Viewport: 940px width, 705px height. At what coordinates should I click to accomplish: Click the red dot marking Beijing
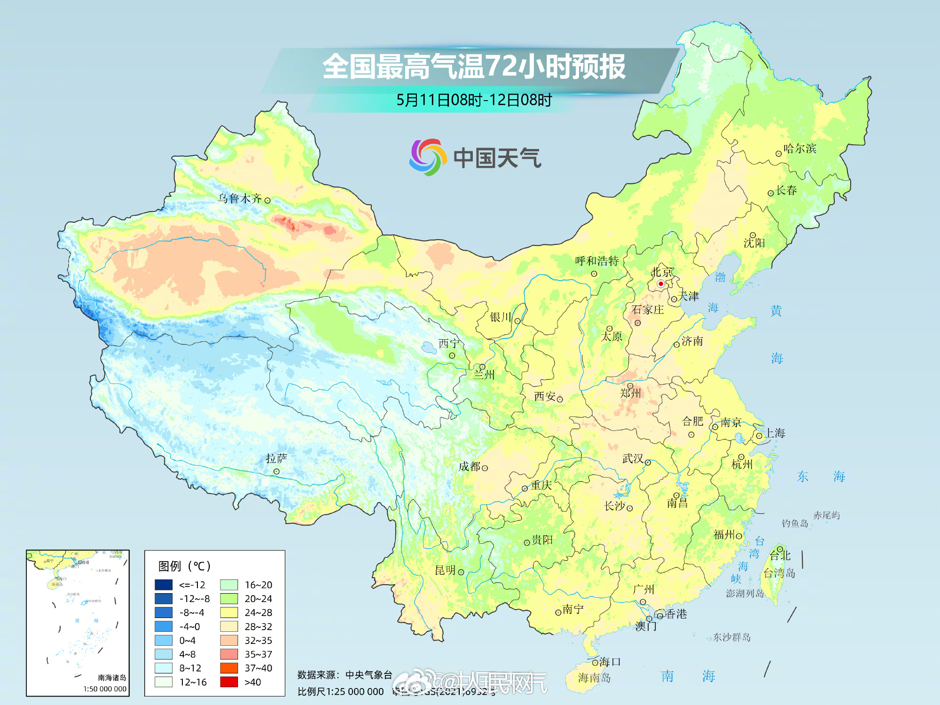coord(660,284)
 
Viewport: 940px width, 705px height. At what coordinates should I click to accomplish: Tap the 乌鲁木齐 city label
coord(240,198)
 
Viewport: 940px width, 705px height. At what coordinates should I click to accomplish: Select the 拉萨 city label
coord(276,458)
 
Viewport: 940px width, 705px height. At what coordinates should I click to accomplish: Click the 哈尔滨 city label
coord(800,149)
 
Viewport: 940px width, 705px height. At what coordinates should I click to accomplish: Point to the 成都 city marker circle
coord(485,468)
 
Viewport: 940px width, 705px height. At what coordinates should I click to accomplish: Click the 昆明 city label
coord(445,570)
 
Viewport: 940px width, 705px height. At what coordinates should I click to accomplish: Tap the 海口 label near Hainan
coord(610,662)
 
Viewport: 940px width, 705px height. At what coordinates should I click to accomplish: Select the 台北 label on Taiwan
coord(780,556)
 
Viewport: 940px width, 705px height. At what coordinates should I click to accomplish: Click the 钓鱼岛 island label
coord(795,523)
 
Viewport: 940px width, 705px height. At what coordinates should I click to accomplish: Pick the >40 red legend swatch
coord(229,682)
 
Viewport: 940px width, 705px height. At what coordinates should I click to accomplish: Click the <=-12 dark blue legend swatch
coord(164,585)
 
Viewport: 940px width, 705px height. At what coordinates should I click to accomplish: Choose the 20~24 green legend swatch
coord(229,599)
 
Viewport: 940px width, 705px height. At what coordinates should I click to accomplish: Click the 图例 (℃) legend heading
coord(184,566)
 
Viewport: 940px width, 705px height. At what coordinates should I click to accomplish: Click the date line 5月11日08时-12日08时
coord(474,100)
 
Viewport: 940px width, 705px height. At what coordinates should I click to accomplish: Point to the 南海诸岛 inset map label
coord(112,678)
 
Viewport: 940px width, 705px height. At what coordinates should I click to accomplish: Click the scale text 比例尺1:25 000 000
coord(341,692)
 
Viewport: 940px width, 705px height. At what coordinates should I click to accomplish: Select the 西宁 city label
coord(449,344)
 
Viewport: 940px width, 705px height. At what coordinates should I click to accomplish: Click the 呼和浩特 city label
coord(597,261)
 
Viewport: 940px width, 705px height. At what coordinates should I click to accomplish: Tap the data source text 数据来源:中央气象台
coord(345,675)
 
